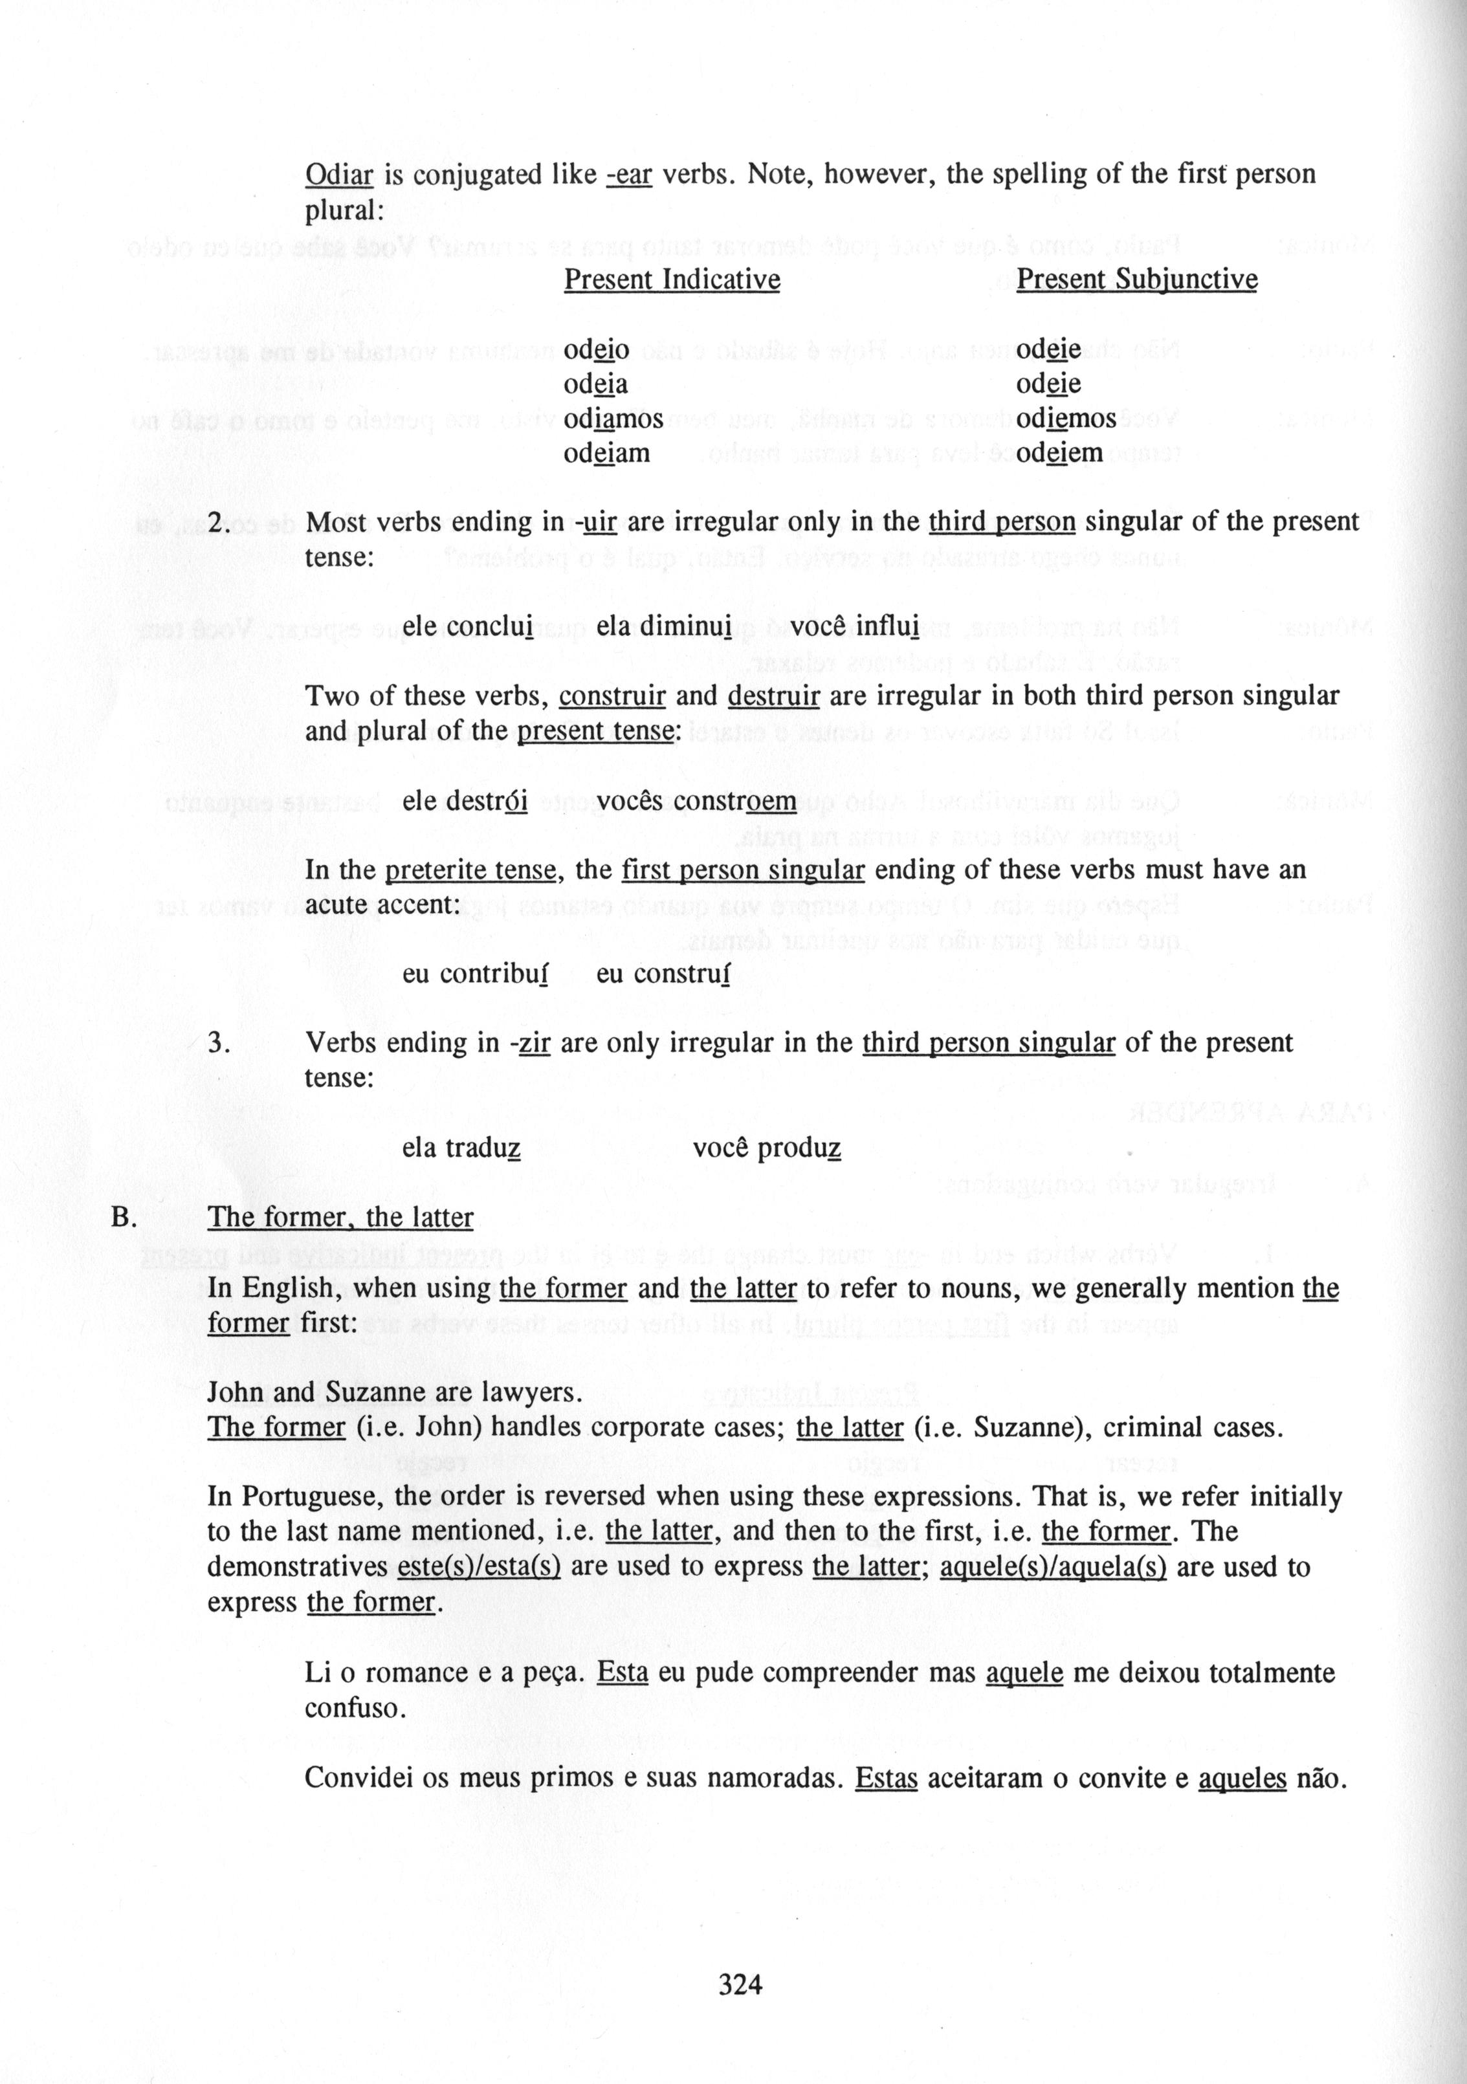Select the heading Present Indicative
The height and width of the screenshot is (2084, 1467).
tap(672, 279)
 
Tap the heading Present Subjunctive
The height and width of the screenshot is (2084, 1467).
tap(1136, 279)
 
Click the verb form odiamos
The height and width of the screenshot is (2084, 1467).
tap(613, 419)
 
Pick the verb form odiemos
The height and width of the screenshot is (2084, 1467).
tap(1066, 419)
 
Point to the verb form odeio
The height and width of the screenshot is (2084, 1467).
tap(597, 349)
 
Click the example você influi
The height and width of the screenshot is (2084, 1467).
tap(854, 626)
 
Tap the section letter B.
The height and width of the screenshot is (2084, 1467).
tap(122, 1217)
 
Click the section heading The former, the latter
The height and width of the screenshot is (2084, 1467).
tap(340, 1217)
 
